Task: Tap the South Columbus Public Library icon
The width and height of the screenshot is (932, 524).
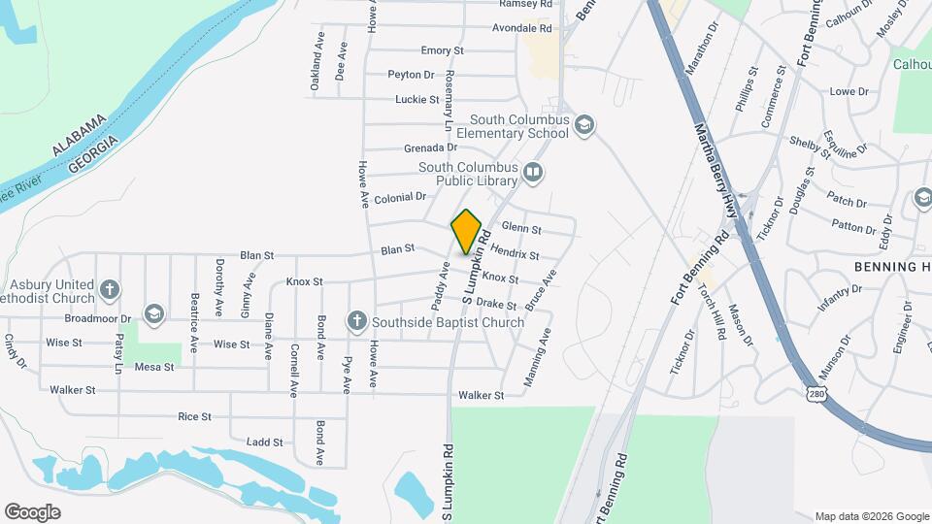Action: coord(532,174)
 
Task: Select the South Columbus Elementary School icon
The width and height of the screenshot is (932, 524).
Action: coord(584,124)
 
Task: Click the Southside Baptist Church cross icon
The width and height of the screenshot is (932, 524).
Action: coord(356,321)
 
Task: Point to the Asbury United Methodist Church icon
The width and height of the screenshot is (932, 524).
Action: coord(110,289)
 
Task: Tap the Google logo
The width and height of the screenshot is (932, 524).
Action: coord(32,512)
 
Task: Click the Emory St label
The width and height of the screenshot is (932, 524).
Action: coord(443,50)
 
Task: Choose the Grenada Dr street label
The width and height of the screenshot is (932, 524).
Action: coord(430,147)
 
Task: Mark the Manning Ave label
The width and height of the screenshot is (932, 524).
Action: coord(537,357)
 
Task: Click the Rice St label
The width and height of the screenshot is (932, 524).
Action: coord(194,416)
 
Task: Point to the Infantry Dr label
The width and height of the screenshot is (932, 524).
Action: coord(839,298)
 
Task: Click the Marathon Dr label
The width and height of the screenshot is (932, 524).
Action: coord(706,49)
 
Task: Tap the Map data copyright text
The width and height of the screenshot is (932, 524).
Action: coord(870,516)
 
